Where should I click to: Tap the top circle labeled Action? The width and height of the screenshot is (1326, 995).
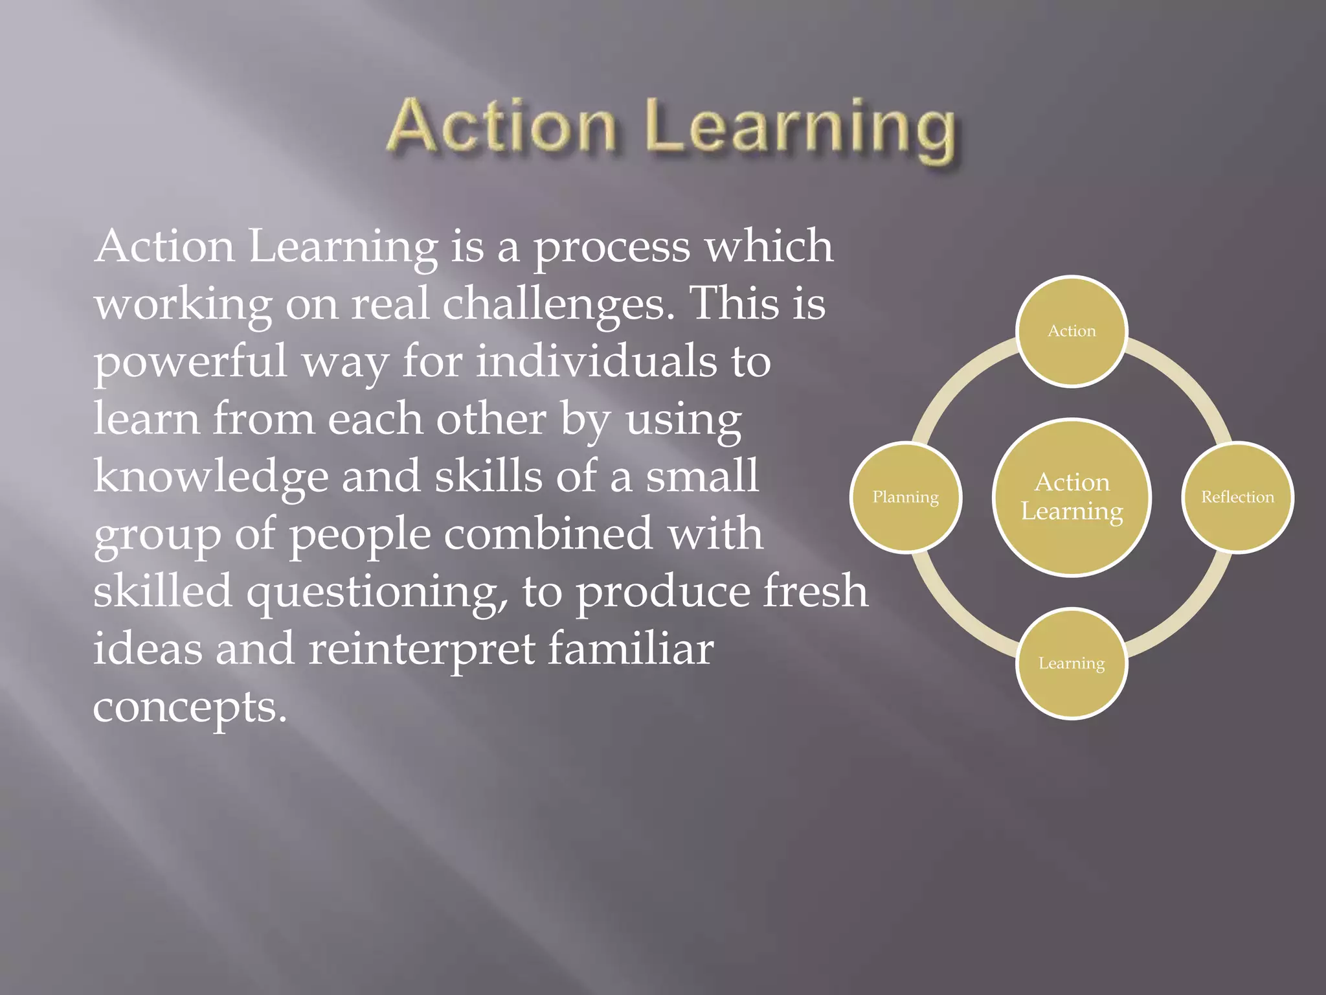tap(1072, 331)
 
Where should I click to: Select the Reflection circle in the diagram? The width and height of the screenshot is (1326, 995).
tap(1237, 497)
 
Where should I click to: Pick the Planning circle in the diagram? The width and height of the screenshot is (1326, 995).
tap(905, 497)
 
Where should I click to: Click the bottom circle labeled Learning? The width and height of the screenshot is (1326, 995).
tap(1072, 663)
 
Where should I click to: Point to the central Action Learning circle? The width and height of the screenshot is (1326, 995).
tap(1072, 497)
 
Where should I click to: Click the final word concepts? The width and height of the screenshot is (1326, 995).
tap(189, 707)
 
